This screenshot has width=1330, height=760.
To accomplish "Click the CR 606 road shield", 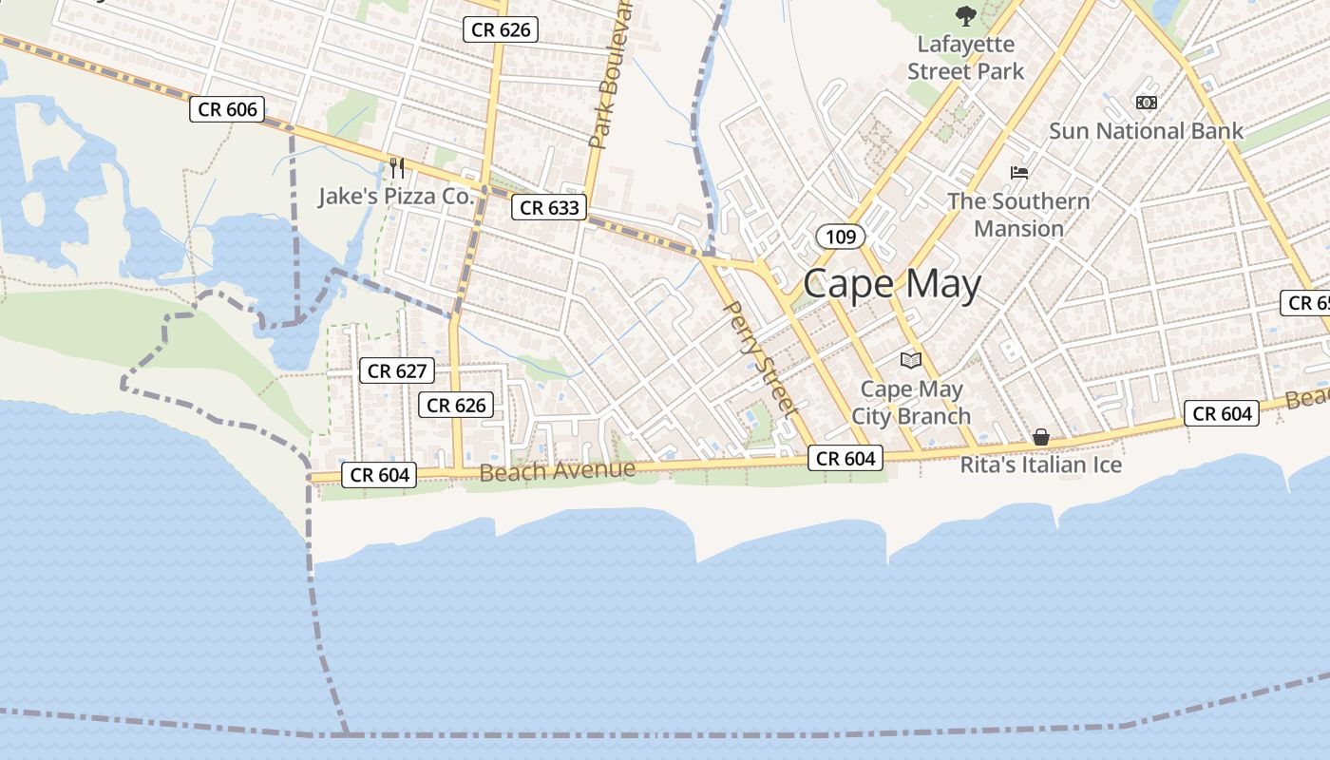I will click(228, 109).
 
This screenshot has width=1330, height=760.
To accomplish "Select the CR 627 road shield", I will click(397, 370).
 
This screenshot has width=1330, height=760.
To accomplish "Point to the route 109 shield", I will click(841, 237).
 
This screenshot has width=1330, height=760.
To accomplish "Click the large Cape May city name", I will click(891, 284).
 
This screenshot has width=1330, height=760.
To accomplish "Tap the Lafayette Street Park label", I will click(965, 58).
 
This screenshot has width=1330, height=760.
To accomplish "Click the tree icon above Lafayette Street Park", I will click(965, 16).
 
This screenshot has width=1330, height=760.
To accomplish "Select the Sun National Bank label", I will click(1146, 131).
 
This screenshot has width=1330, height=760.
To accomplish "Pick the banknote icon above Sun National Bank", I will click(1146, 102).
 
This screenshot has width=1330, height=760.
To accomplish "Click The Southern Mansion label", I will click(1018, 215).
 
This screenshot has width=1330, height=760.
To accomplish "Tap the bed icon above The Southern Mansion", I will click(1019, 173).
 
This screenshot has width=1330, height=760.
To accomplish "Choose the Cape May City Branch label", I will click(911, 403).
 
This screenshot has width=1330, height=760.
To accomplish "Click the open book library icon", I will click(911, 360).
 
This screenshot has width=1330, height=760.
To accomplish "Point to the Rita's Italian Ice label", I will click(1041, 465).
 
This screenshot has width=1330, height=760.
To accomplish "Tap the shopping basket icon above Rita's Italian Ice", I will click(1041, 437).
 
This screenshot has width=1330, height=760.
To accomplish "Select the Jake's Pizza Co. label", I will click(395, 197).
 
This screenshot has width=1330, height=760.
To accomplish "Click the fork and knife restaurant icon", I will click(397, 168).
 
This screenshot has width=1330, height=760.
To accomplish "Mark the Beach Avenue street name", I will click(557, 471).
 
